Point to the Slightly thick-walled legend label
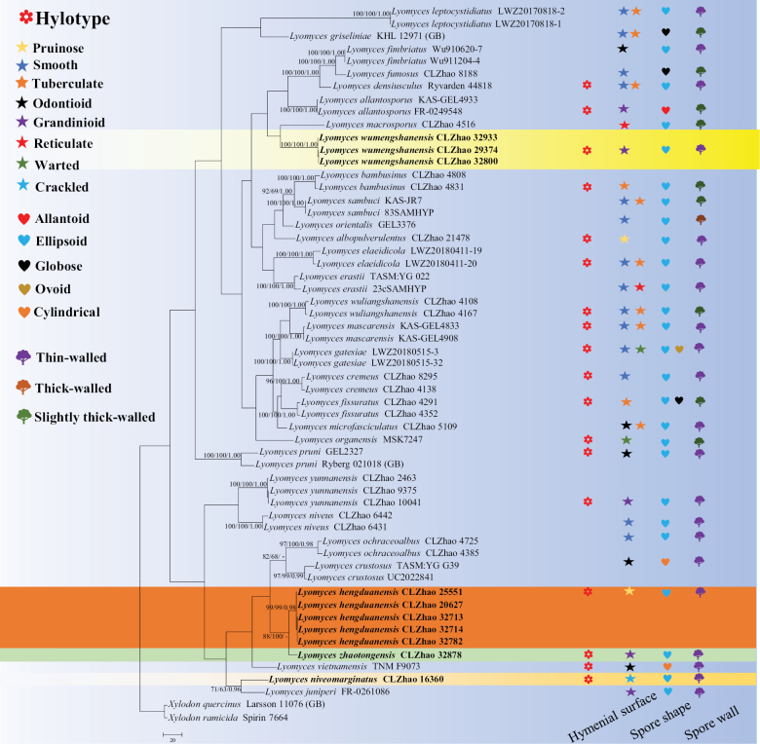tap(97, 417)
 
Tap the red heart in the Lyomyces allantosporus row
tap(665, 111)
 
